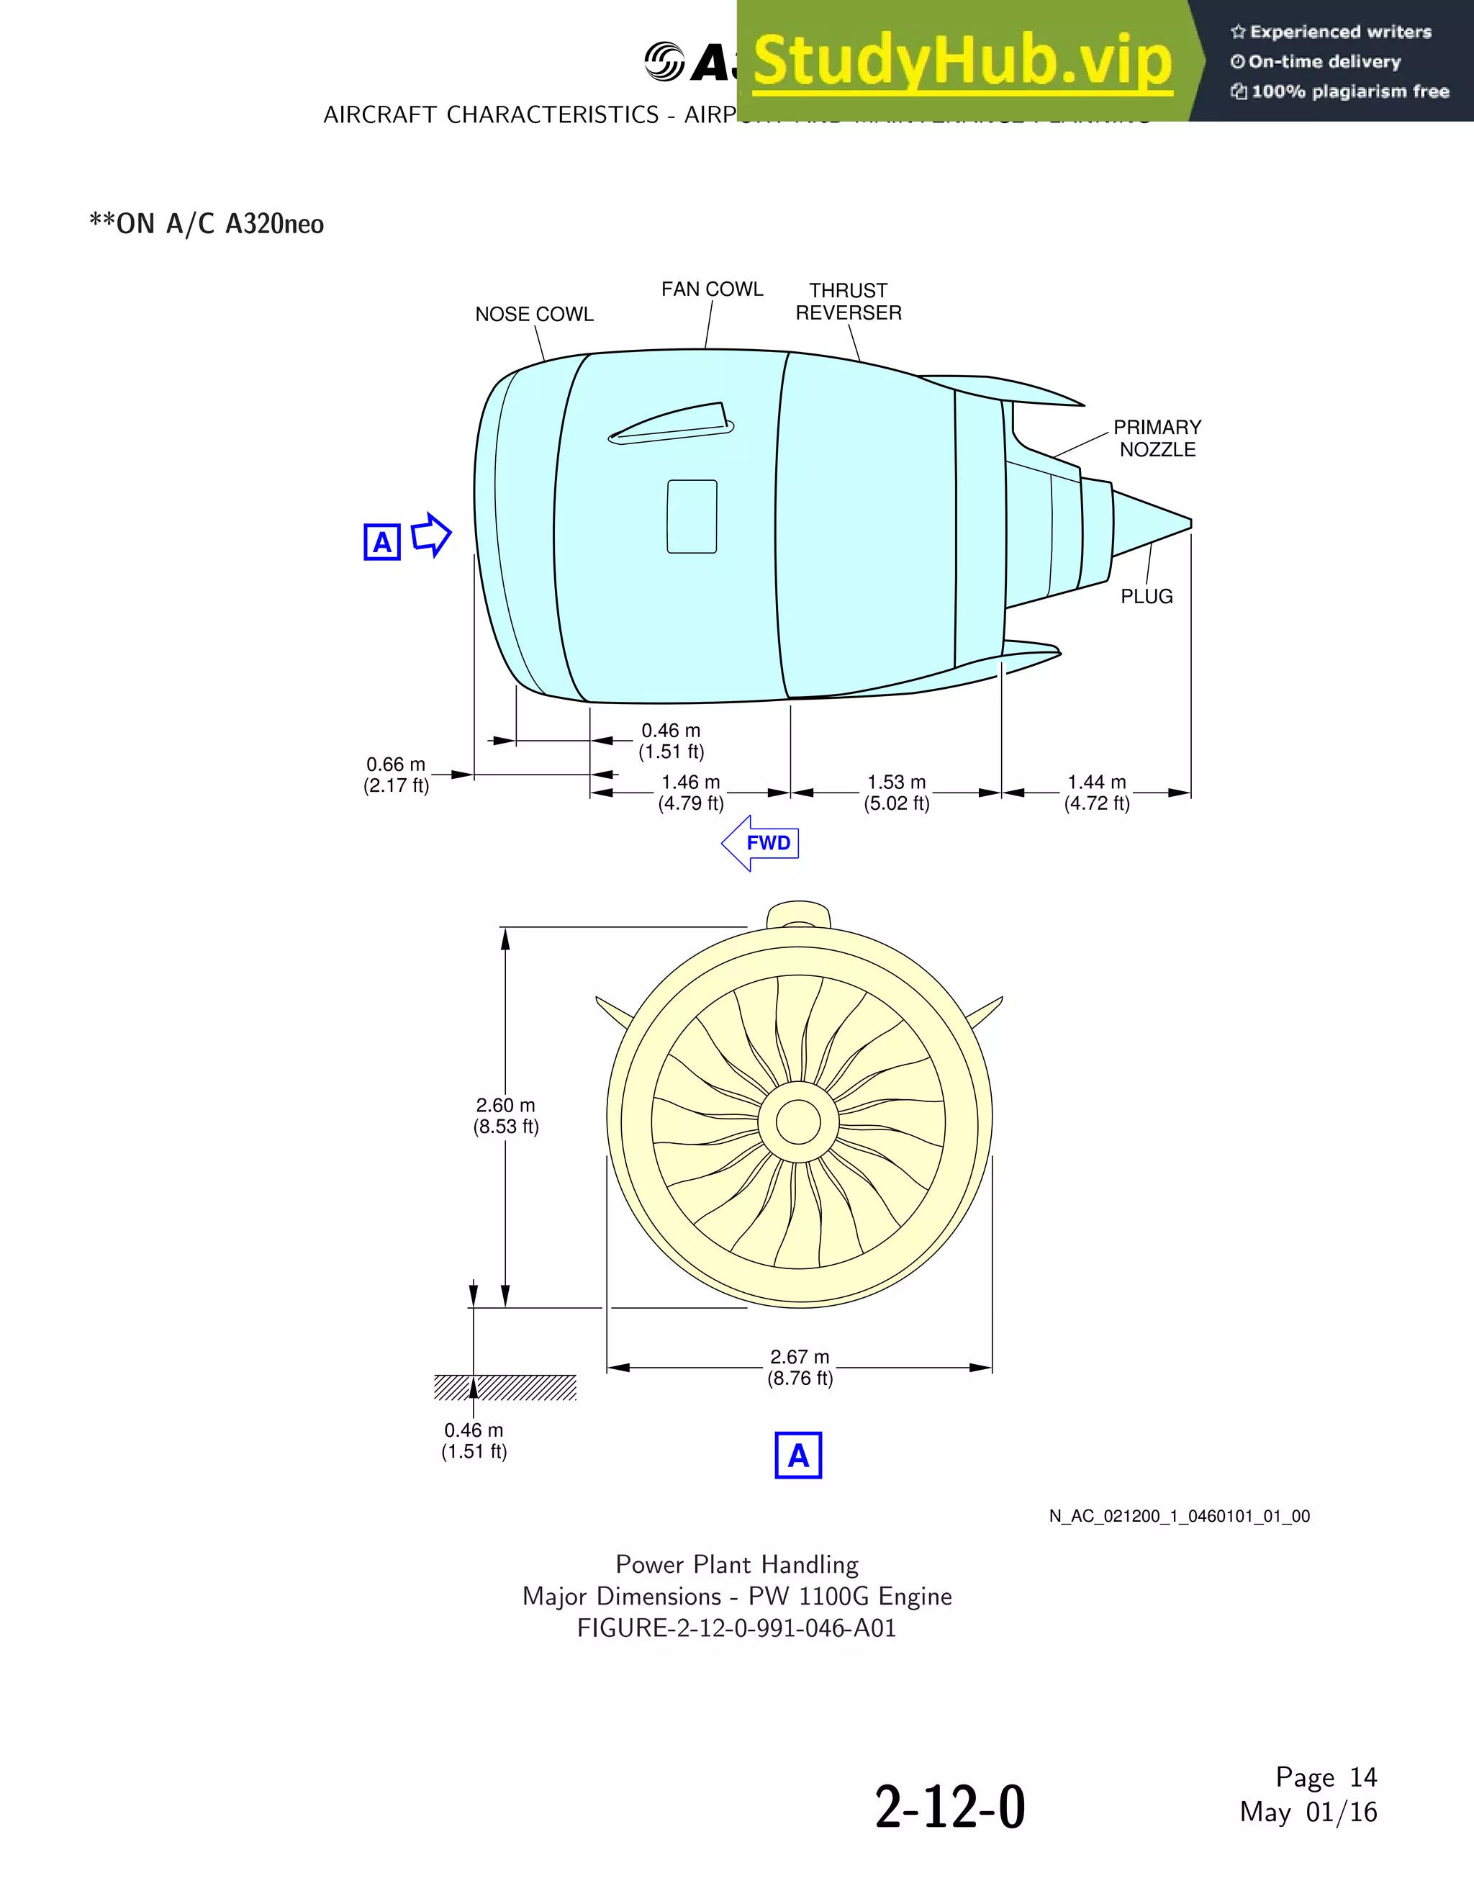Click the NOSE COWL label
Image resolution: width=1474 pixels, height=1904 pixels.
(x=533, y=315)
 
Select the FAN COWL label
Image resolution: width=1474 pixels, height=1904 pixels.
(x=711, y=289)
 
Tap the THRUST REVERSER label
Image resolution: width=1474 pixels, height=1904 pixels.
(x=848, y=302)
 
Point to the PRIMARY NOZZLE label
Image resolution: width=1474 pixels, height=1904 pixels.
(x=1157, y=438)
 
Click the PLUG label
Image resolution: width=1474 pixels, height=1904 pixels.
(x=1147, y=596)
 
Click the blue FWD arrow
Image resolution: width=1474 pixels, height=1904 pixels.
(x=760, y=843)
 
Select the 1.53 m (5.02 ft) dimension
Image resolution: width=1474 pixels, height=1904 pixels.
(x=896, y=793)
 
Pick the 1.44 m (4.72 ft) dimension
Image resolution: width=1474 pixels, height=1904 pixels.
(x=1097, y=793)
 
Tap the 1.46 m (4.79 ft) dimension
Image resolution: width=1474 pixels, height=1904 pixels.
(x=690, y=793)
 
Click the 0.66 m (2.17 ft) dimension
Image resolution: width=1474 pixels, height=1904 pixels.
(x=396, y=774)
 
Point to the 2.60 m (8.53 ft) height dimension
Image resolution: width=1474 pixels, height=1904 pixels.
(x=505, y=1116)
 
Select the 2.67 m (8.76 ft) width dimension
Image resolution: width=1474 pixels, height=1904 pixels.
(x=800, y=1367)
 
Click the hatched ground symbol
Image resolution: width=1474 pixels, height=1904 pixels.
(x=505, y=1387)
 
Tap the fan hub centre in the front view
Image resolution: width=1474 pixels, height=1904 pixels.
(x=797, y=1122)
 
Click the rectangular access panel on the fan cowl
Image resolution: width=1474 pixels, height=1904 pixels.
(x=692, y=516)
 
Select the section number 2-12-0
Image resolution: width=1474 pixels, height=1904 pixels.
(x=949, y=1808)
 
